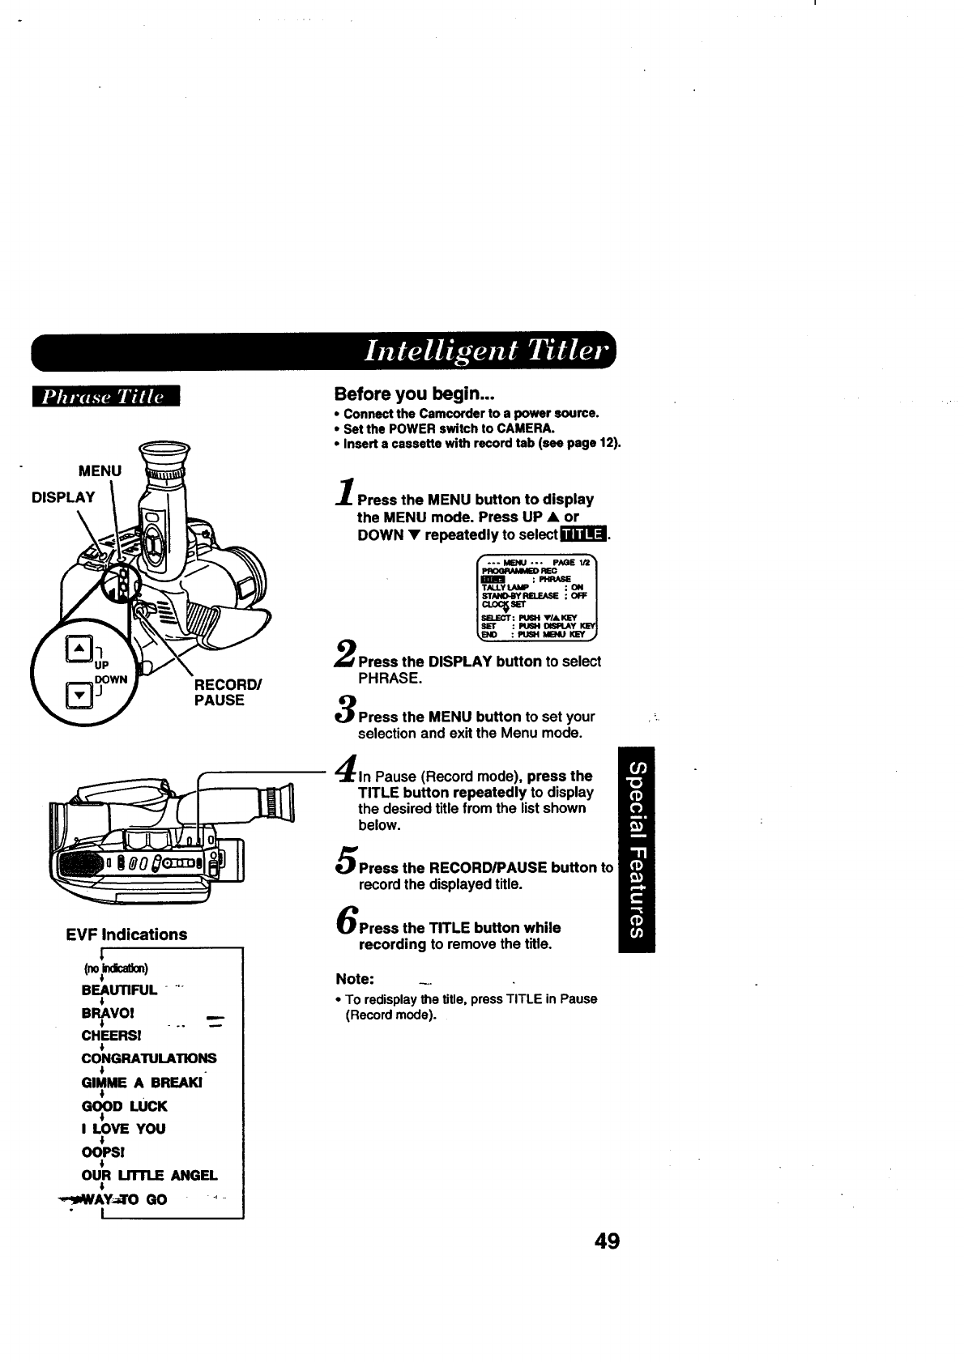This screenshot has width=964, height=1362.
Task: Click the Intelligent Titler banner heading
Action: pyautogui.click(x=484, y=351)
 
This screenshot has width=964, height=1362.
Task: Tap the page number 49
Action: pyautogui.click(x=606, y=1241)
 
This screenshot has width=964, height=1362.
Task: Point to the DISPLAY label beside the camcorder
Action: pyautogui.click(x=63, y=496)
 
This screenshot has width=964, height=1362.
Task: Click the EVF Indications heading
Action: pyautogui.click(x=126, y=934)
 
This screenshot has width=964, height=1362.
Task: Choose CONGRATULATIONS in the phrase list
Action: pyautogui.click(x=148, y=1058)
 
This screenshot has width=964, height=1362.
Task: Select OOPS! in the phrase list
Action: pyautogui.click(x=100, y=1151)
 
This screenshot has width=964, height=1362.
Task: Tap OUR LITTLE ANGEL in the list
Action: pyautogui.click(x=149, y=1175)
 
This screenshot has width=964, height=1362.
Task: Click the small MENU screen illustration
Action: pyautogui.click(x=538, y=598)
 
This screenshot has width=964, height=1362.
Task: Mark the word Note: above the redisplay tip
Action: pyautogui.click(x=354, y=977)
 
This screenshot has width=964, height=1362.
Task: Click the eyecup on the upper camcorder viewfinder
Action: pyautogui.click(x=164, y=454)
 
